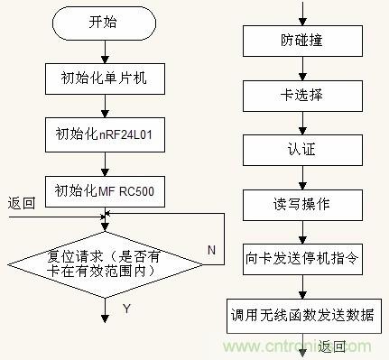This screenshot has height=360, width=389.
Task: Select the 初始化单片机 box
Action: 106,80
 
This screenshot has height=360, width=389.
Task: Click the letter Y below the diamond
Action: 125,308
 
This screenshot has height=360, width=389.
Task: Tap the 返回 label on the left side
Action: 20,203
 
